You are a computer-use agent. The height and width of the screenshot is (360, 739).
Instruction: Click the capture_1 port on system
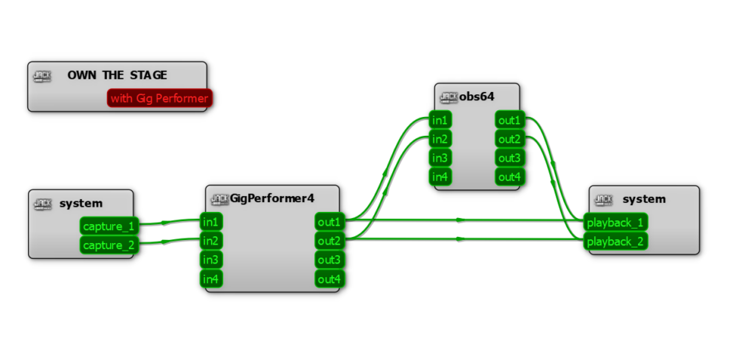(x=109, y=226)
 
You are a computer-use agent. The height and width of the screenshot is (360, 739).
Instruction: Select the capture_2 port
(x=109, y=245)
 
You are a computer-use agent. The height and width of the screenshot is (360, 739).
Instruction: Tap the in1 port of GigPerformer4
(x=210, y=222)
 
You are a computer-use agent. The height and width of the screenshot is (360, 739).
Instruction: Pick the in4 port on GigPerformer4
(x=210, y=279)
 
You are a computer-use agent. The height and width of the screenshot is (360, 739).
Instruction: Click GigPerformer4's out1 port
(x=329, y=222)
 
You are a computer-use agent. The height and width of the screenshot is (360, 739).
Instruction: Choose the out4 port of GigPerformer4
(x=329, y=279)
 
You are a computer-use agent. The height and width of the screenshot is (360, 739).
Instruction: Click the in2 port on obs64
(x=440, y=139)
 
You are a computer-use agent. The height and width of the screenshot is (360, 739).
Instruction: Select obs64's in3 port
(x=440, y=158)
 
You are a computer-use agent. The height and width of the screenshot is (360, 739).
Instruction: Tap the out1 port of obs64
(x=509, y=121)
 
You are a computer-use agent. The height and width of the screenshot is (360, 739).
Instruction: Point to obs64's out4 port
(x=509, y=177)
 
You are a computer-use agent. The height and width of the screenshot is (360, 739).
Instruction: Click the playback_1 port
(x=615, y=223)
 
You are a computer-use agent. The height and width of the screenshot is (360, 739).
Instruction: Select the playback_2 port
(x=615, y=242)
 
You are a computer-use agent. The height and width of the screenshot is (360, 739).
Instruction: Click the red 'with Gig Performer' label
(x=159, y=98)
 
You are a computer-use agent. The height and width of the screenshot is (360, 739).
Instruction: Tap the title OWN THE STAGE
(x=117, y=75)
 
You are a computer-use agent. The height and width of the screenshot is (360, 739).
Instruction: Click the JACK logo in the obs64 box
(x=449, y=97)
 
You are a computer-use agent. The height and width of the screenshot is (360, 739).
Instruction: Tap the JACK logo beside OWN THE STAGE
(x=42, y=75)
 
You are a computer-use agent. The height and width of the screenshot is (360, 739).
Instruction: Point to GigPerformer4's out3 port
(x=329, y=260)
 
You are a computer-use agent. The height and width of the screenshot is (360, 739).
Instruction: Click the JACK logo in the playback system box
(x=603, y=199)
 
